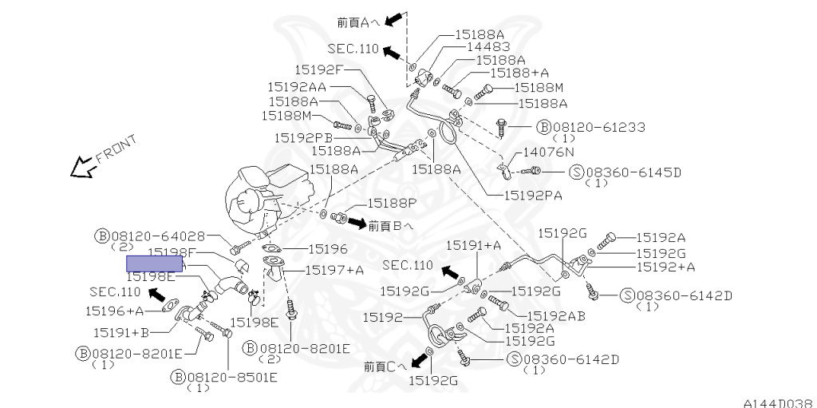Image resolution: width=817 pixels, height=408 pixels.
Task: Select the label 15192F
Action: pos(318,69)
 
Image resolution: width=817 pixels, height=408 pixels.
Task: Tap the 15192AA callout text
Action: pos(296,86)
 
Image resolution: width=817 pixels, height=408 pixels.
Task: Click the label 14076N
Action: pos(551,152)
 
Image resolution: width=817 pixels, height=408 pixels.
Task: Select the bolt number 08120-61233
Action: pos(598,127)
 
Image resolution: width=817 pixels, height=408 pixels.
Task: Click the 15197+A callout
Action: pos(333,270)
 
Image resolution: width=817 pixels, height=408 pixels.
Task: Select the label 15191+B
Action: pos(120,331)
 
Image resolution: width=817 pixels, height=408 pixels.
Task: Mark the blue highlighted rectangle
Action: pos(156,263)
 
